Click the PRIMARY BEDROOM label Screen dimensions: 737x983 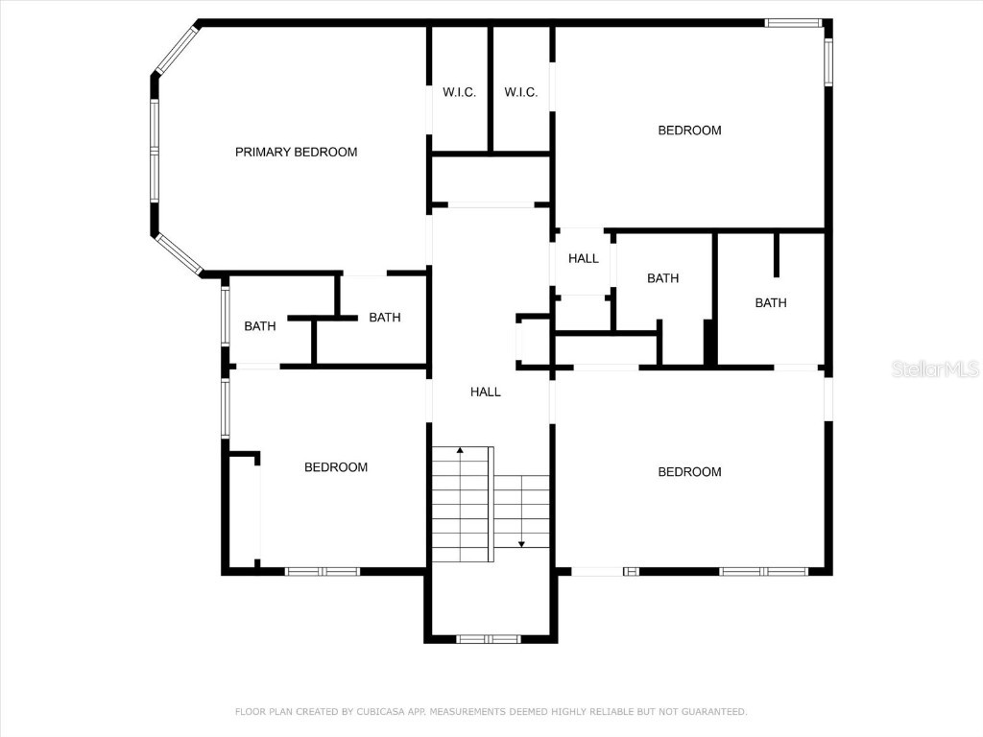click(x=296, y=152)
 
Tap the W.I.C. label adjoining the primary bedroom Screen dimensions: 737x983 click(x=459, y=92)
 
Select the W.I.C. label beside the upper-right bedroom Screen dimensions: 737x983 click(x=521, y=92)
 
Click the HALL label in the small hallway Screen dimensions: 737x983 click(x=583, y=258)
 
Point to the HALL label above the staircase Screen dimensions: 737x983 click(x=485, y=392)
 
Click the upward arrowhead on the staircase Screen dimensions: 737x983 click(x=461, y=449)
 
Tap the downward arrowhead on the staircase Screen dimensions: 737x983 click(x=521, y=544)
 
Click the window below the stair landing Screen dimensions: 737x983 click(x=488, y=638)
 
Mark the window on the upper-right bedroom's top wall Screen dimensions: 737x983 click(x=793, y=22)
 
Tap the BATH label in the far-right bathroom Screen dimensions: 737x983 click(x=770, y=302)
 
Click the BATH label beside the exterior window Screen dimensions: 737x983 click(x=259, y=326)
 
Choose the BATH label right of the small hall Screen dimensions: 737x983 click(x=662, y=278)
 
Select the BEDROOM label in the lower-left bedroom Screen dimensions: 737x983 click(x=336, y=467)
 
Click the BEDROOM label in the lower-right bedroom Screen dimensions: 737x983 click(x=689, y=471)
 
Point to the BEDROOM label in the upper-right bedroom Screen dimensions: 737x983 click(x=689, y=131)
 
